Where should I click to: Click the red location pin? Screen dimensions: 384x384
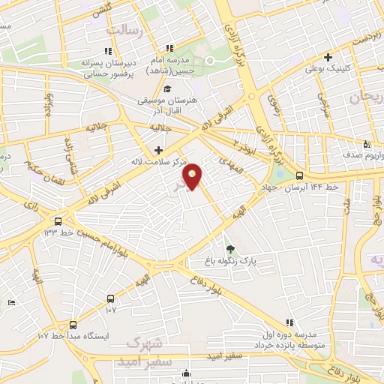point(193,176)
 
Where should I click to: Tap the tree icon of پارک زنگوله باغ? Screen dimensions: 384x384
point(230,249)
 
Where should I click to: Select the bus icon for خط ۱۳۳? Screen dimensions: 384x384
point(58,221)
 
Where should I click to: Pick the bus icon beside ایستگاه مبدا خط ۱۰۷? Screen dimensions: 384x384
point(73,325)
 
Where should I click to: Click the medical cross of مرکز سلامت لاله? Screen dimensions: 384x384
point(158,150)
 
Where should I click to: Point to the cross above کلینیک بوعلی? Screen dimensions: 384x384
point(328,57)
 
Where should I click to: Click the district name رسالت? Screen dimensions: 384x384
point(124,29)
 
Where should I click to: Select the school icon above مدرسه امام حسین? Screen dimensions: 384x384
point(171,49)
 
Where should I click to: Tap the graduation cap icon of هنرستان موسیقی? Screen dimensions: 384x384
point(166,89)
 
